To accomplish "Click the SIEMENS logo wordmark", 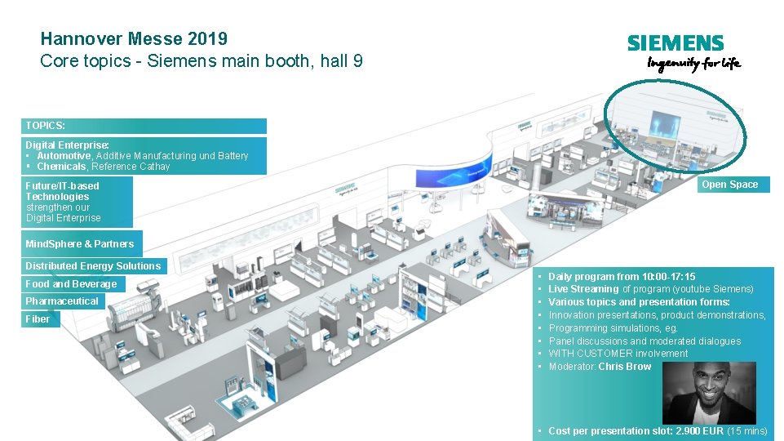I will click(675, 43).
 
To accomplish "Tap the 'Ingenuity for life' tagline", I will click(693, 64).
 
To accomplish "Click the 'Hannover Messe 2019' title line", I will click(134, 38).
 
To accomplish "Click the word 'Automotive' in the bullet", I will click(64, 156).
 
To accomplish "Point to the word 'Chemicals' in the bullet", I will click(61, 167).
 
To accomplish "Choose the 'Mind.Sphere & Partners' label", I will click(80, 243).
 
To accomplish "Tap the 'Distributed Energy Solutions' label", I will click(93, 265).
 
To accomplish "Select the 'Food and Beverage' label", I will click(71, 284).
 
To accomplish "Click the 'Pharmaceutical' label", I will click(62, 301).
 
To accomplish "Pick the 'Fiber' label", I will click(38, 319).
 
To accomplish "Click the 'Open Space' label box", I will click(729, 185).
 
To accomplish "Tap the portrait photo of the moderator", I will click(708, 391).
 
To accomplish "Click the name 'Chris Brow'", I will click(624, 367).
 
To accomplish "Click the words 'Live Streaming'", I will click(583, 289).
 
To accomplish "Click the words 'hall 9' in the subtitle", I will click(342, 60).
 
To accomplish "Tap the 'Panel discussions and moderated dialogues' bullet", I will click(644, 341).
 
